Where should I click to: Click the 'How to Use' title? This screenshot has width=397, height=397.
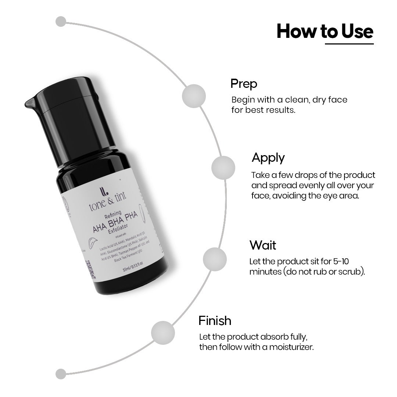coord(325,32)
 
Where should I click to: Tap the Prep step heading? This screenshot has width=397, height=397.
coord(244,83)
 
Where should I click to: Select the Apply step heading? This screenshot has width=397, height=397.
coord(268,158)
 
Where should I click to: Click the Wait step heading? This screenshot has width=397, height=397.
coord(262,245)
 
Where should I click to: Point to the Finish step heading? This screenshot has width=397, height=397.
coord(215,321)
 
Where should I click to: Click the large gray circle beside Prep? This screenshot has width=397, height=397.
coord(194,96)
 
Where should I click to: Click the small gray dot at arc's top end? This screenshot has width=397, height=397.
coord(61,21)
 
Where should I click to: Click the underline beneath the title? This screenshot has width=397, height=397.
coord(349,44)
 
